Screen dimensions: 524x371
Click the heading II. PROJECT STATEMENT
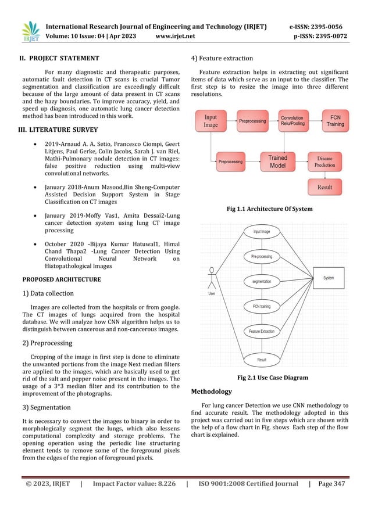[60, 58]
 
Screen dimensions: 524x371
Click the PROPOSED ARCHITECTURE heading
[61, 279]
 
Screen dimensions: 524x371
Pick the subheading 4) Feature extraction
[224, 58]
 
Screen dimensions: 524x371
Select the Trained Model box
[277, 161]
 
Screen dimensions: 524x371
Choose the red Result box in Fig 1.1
[324, 187]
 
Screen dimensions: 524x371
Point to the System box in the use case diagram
[329, 278]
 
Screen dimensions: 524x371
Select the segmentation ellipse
[261, 281]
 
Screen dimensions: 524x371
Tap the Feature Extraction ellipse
[262, 331]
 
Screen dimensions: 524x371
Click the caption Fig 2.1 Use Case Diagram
[273, 378]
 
